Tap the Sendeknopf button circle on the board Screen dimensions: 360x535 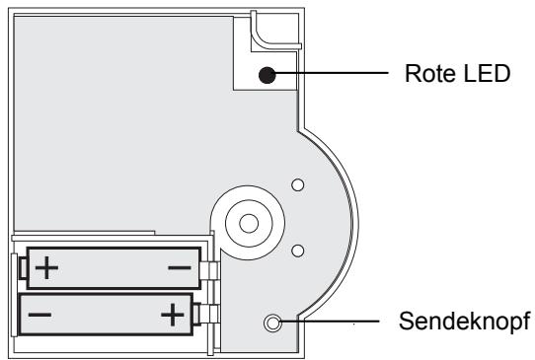click(272, 323)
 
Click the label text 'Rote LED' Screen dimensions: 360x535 click(455, 72)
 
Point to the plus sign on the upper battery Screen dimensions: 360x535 click(46, 267)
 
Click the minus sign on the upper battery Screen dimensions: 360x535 click(179, 267)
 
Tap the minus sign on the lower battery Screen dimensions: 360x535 click(41, 317)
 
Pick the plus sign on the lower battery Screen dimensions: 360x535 click(173, 316)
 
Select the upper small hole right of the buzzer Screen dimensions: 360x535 click(298, 183)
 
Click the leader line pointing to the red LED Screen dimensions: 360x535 click(336, 73)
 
